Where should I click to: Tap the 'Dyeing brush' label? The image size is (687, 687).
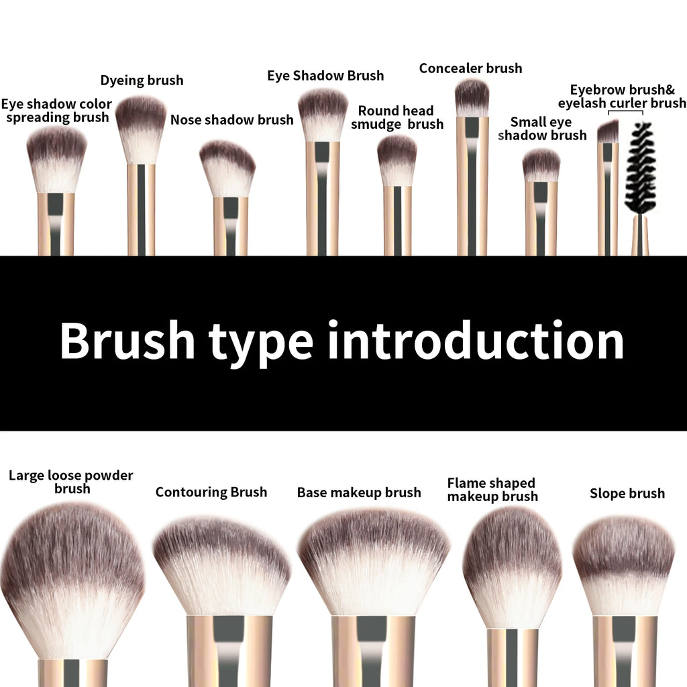(x=142, y=81)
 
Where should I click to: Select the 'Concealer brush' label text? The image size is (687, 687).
(x=470, y=68)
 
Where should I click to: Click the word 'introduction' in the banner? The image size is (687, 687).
(x=476, y=341)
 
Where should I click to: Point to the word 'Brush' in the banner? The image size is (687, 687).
(x=127, y=341)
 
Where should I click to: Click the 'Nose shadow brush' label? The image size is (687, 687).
(x=231, y=120)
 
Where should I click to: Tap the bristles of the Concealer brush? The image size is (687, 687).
(x=472, y=98)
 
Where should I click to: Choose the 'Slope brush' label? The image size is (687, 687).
(x=627, y=494)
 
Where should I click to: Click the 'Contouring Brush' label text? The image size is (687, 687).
(x=211, y=492)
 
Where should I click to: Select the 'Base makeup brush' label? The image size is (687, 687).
(x=359, y=493)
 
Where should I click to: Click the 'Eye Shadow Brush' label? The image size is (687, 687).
(x=325, y=76)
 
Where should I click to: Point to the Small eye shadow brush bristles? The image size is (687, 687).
(x=541, y=165)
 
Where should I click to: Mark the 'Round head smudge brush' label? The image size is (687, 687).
(x=397, y=117)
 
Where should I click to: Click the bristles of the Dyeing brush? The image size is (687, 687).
(x=141, y=127)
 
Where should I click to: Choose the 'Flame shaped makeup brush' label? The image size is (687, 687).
(x=492, y=490)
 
